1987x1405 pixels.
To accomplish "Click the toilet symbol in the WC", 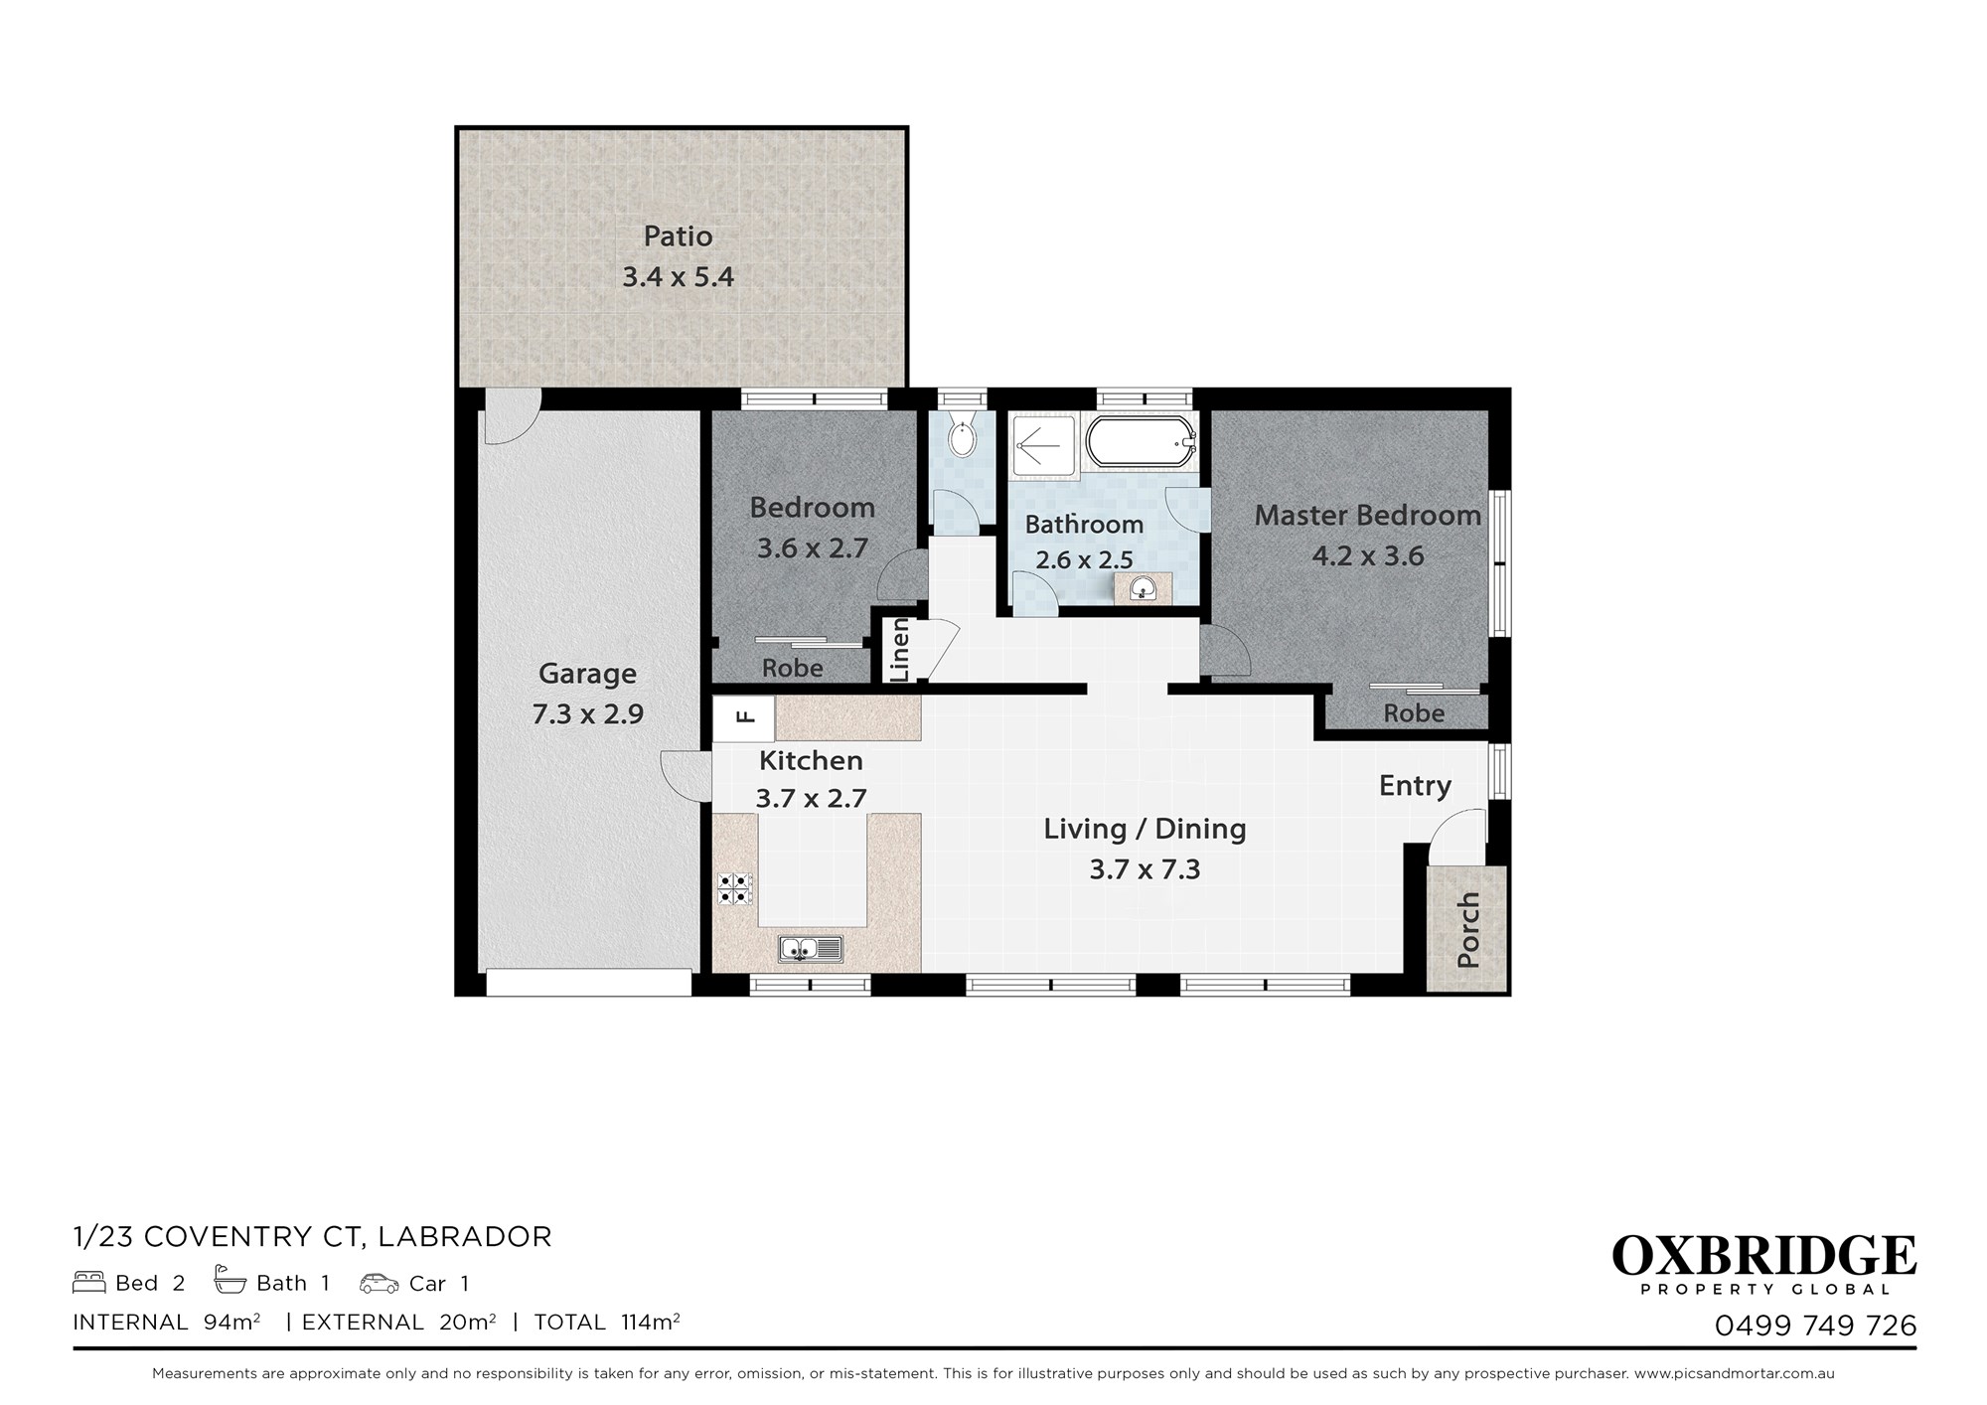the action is [x=961, y=437].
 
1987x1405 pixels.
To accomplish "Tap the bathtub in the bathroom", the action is [x=1140, y=441].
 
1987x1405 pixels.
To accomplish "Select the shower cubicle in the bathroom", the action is [x=1043, y=445].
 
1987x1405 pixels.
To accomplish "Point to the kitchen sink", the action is [x=811, y=949].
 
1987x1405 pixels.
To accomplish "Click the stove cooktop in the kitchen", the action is [x=735, y=888].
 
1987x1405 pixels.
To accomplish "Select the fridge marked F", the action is [x=744, y=717].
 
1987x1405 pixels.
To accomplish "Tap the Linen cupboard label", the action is [x=900, y=650].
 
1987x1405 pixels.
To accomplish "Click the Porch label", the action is [x=1467, y=930].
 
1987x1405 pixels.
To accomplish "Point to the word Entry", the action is [x=1416, y=786].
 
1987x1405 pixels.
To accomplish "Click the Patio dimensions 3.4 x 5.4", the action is [x=679, y=276].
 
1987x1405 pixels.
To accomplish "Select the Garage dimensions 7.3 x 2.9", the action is [x=588, y=713].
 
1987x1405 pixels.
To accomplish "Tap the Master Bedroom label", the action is [x=1368, y=515].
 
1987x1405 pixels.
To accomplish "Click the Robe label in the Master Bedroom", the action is [x=1415, y=713].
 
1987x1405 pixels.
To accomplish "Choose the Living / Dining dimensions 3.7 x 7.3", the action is [x=1146, y=869].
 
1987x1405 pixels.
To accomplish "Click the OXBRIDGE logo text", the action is [x=1763, y=1256].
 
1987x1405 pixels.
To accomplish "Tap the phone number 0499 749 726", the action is [x=1816, y=1326].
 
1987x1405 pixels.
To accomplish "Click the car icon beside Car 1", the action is [x=380, y=1283].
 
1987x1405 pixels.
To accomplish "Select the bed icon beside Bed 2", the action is [x=89, y=1283].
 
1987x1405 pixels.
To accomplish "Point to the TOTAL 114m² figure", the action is [x=607, y=1322].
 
